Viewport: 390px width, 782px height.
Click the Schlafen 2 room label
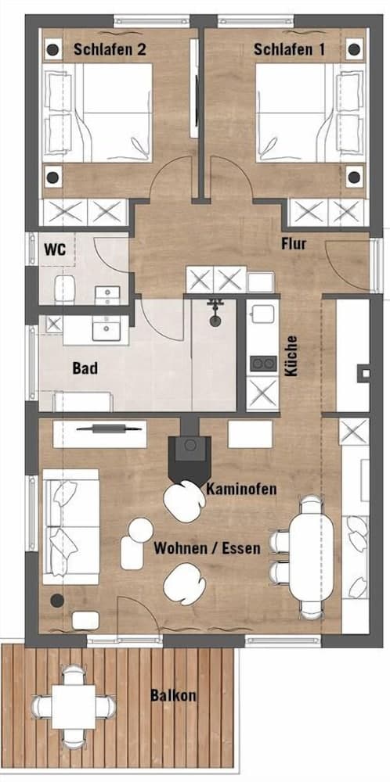[110, 48]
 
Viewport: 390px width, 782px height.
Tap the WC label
[54, 249]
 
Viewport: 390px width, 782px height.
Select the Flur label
[293, 244]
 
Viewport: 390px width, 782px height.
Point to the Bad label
[85, 368]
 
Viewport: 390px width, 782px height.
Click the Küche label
[291, 357]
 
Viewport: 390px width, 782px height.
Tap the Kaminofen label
[241, 489]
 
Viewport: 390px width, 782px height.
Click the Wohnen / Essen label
[207, 547]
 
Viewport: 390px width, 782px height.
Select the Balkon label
[173, 694]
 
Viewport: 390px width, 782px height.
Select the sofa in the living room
[70, 526]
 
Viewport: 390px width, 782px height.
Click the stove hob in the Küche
[262, 363]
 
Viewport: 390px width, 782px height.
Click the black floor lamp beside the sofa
[56, 601]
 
